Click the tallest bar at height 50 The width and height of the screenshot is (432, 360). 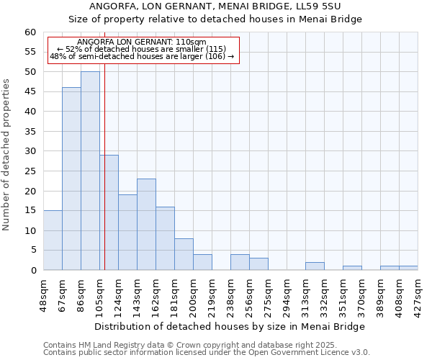pyautogui.click(x=90, y=171)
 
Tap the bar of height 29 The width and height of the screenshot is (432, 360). pyautogui.click(x=109, y=212)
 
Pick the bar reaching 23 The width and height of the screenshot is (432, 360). pyautogui.click(x=146, y=225)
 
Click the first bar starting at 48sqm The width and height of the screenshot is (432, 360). pyautogui.click(x=53, y=240)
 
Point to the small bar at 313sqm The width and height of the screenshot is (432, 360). pyautogui.click(x=315, y=266)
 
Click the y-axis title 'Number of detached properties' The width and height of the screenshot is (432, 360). pyautogui.click(x=7, y=155)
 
